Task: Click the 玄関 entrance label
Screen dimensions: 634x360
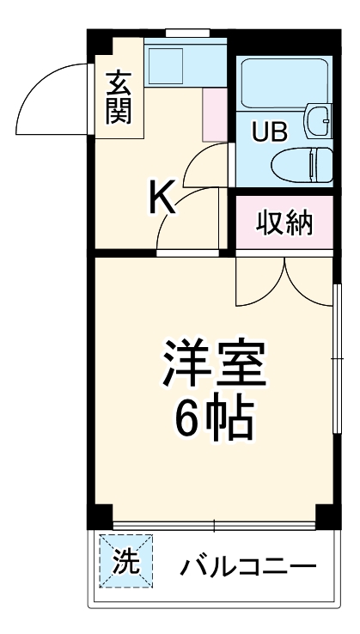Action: point(119,96)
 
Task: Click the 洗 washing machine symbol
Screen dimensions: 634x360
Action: point(125,563)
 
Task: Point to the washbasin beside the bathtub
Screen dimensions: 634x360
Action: point(319,120)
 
